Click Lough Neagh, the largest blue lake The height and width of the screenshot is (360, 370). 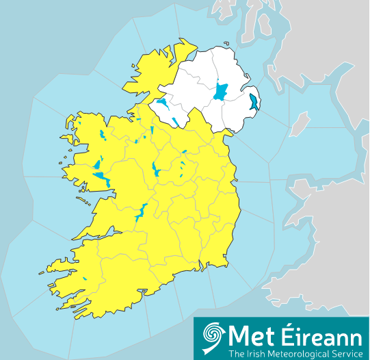[221, 91]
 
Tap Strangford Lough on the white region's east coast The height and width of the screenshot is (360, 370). [254, 103]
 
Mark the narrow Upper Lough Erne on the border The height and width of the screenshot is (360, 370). [177, 122]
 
